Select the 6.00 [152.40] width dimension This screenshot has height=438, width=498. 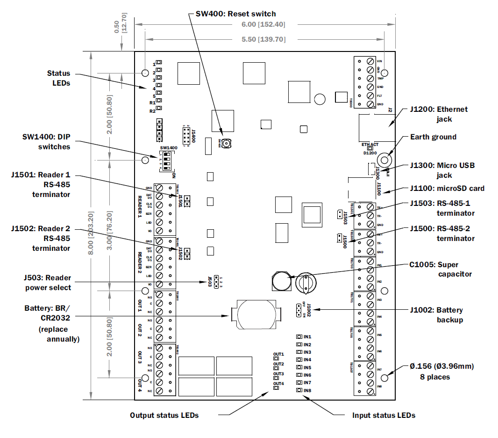[x=263, y=24]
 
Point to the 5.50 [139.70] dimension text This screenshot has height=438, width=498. [x=263, y=39]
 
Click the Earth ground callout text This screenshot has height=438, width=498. [x=433, y=137]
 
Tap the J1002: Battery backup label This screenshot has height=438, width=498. [x=437, y=315]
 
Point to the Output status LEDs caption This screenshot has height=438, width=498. [x=164, y=415]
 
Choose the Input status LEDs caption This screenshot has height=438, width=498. [x=384, y=415]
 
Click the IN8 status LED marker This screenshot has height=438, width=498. [x=299, y=390]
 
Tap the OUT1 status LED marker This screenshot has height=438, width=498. [x=276, y=359]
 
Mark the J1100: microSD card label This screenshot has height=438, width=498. [x=447, y=189]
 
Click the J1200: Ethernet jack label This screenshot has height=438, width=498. [x=439, y=114]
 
